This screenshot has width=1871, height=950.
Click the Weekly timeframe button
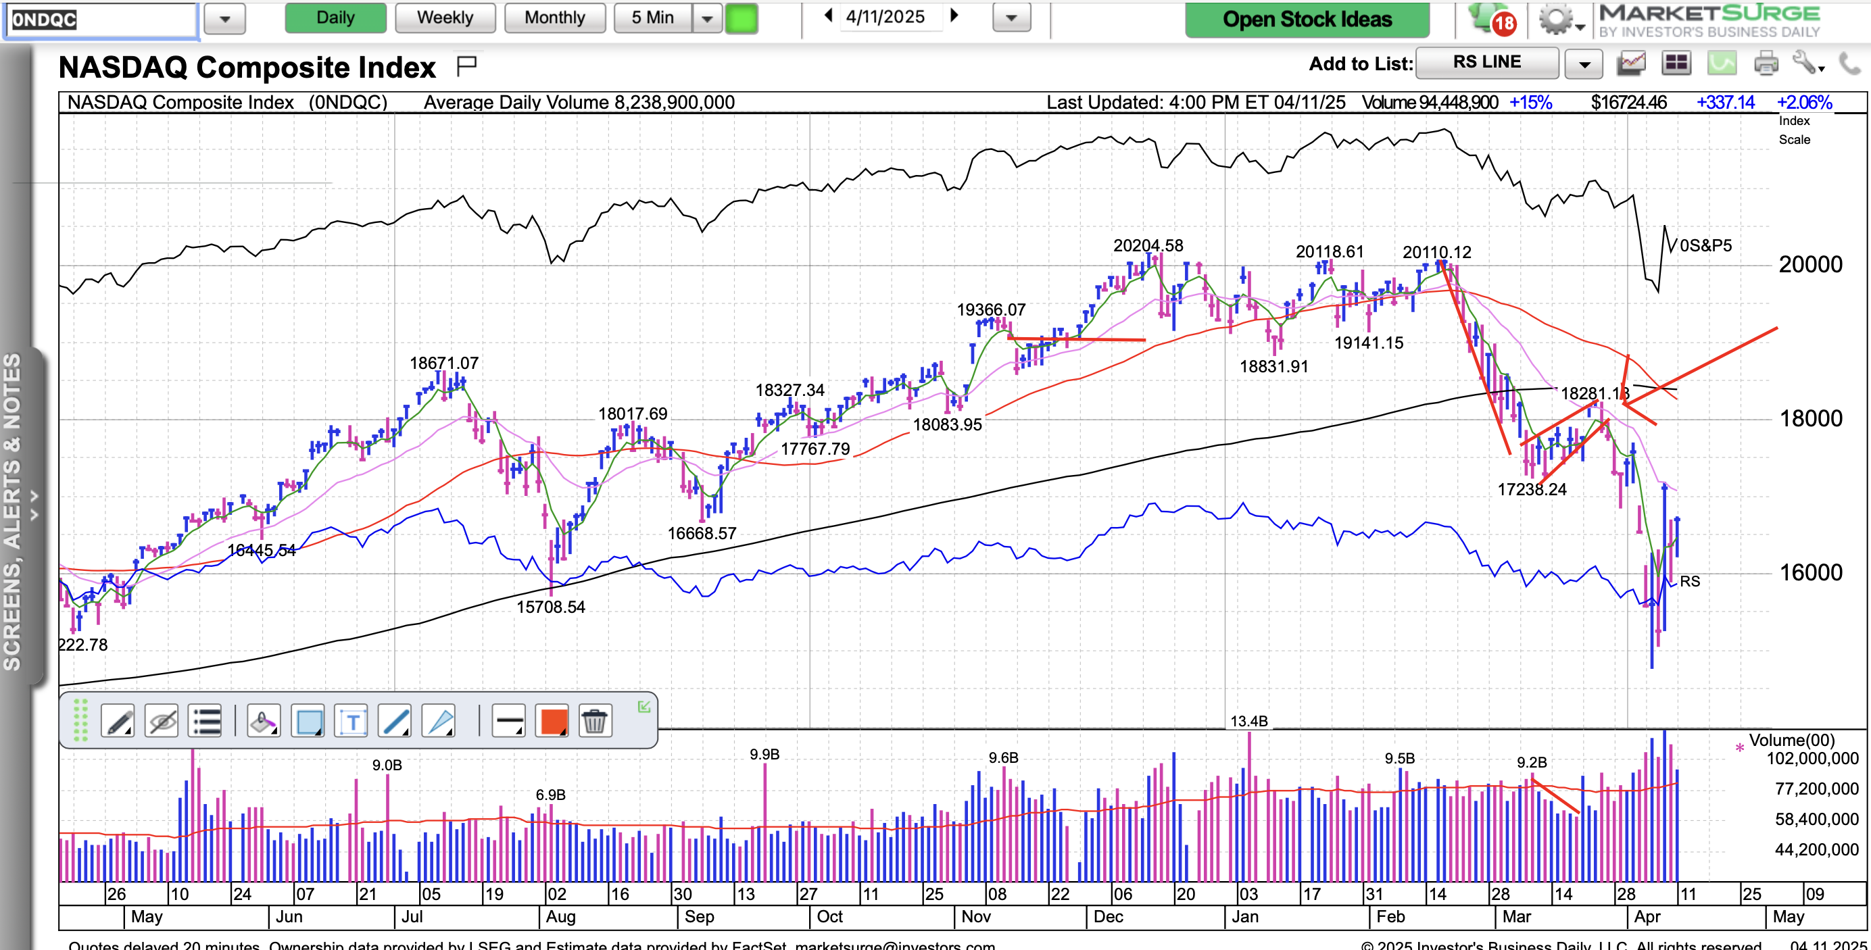[445, 18]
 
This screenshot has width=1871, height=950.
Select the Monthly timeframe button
[554, 18]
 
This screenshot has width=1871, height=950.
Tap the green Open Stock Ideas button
[1307, 19]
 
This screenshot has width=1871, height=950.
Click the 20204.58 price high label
[1148, 245]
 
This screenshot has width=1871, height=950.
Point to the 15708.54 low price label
[550, 607]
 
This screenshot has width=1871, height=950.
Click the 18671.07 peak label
[444, 363]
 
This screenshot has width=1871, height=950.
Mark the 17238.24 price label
[1532, 489]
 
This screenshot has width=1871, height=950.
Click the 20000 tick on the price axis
[1810, 264]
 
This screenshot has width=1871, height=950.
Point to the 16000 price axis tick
[1810, 572]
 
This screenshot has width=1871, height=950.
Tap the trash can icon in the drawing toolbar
[594, 721]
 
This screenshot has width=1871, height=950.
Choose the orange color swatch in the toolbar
[554, 721]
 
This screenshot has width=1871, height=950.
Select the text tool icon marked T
[352, 721]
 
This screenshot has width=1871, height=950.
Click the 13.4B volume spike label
[1248, 721]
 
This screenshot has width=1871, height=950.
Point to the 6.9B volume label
[550, 795]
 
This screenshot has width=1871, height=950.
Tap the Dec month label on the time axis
[1108, 917]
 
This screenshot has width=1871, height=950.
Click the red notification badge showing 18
[1503, 23]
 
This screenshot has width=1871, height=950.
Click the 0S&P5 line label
[1705, 245]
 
